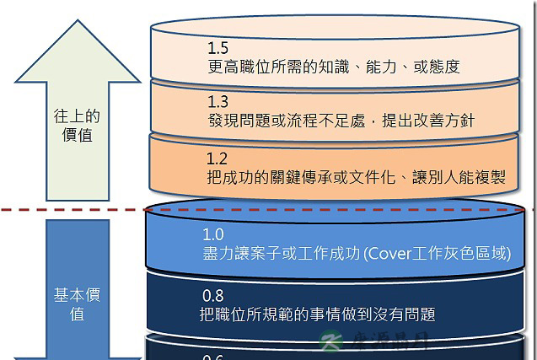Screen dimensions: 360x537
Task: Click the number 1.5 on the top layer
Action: pos(217,48)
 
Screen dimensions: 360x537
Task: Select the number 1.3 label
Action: pos(217,102)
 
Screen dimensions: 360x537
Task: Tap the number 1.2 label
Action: pos(217,159)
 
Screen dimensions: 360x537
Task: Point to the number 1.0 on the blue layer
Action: pos(213,234)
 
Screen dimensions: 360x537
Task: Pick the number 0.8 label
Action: pos(213,296)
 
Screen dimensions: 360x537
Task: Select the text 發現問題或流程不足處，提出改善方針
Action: pos(341,121)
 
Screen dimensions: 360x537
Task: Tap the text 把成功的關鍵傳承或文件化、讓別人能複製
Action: pos(356,177)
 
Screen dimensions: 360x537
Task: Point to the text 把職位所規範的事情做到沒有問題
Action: pos(318,315)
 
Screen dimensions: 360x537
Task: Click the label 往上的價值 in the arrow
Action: pos(78,126)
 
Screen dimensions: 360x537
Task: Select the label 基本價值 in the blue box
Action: pos(77,304)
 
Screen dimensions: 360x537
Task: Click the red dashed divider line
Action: pos(84,207)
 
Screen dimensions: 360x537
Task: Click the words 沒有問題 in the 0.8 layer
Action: pos(405,315)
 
